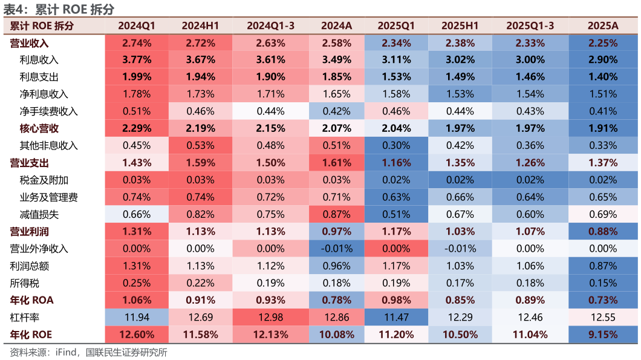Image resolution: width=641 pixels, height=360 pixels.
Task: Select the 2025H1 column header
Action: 460,26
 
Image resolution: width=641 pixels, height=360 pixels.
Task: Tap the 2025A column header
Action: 603,26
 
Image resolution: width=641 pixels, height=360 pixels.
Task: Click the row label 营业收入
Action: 30,43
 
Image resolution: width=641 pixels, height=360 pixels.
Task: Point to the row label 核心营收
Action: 39,128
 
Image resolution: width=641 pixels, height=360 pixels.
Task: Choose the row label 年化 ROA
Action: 31,300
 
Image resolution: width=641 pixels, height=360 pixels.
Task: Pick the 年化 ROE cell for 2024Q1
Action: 137,335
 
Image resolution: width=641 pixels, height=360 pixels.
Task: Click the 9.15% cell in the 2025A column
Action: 603,335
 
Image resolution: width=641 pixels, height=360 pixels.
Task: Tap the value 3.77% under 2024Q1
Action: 137,60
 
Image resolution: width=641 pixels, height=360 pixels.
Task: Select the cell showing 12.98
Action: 270,317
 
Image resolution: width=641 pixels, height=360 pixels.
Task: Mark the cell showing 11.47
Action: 396,317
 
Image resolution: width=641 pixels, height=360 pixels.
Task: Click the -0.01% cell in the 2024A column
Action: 336,249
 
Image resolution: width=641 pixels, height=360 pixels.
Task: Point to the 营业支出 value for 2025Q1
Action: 396,163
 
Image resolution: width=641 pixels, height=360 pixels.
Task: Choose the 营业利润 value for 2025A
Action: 603,232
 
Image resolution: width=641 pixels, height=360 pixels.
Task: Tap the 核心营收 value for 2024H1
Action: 200,128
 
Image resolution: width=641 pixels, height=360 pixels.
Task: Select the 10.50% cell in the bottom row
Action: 460,335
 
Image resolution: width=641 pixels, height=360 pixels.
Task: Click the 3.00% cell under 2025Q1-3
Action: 530,60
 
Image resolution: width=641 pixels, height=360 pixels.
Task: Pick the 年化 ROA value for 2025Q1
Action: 396,300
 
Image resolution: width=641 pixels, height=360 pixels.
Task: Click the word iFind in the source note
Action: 65,352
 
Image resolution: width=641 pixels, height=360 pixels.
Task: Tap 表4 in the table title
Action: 15,9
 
